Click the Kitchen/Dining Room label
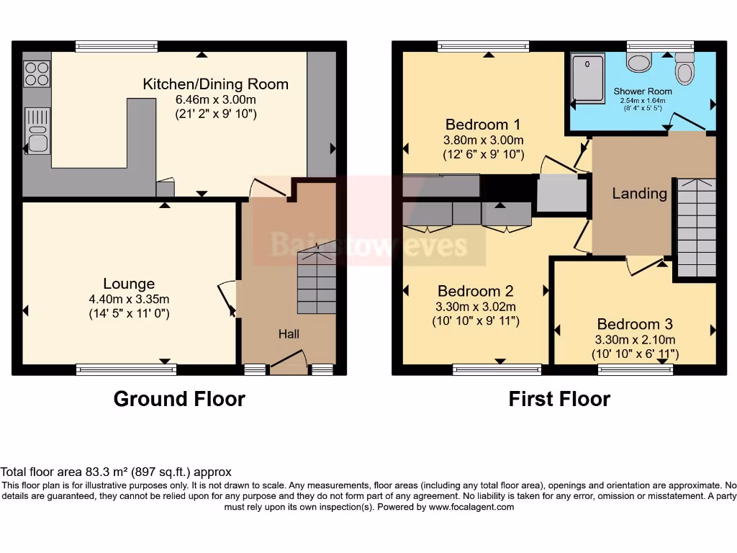click(x=215, y=84)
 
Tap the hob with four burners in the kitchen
click(x=37, y=73)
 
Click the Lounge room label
click(x=129, y=284)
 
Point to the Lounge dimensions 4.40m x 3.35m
click(x=129, y=299)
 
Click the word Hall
click(x=289, y=334)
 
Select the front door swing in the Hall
click(x=288, y=361)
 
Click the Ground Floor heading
click(x=179, y=399)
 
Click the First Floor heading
click(x=559, y=399)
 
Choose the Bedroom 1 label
click(x=483, y=124)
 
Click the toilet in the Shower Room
click(x=684, y=70)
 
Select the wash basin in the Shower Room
click(x=638, y=62)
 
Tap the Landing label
click(x=639, y=193)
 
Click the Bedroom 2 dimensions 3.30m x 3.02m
click(x=476, y=307)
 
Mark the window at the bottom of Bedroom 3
click(x=636, y=369)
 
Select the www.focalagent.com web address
click(x=471, y=507)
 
